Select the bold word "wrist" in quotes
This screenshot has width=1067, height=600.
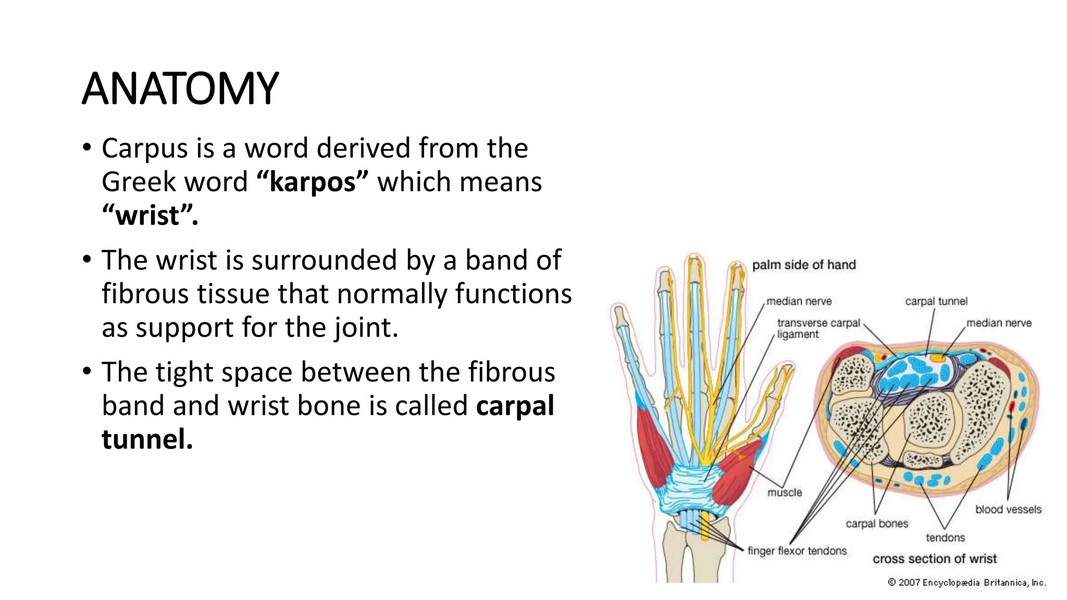click(x=150, y=216)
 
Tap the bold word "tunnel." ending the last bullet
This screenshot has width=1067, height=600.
click(x=147, y=439)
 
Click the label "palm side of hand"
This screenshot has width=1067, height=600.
click(x=803, y=265)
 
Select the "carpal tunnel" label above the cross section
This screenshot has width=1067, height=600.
click(x=936, y=301)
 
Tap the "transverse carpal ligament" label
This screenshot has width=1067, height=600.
click(x=818, y=329)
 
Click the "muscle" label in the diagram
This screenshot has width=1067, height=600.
click(x=785, y=492)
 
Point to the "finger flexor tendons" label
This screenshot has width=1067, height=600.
click(x=797, y=551)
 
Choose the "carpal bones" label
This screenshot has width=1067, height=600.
click(x=877, y=523)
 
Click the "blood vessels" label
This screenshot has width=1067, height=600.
click(x=1008, y=509)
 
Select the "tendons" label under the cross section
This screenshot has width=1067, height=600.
click(x=945, y=537)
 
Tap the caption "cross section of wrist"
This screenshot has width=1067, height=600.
click(x=935, y=559)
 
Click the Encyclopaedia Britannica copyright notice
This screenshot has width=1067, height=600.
click(x=967, y=582)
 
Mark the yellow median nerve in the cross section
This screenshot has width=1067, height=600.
click(x=938, y=358)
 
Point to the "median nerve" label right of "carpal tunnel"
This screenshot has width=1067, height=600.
click(x=999, y=323)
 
